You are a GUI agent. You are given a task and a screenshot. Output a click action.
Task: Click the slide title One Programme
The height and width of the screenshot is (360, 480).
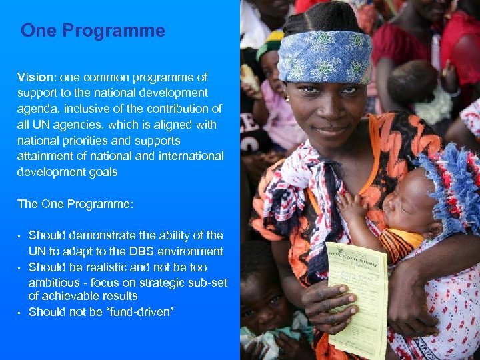tap(93, 31)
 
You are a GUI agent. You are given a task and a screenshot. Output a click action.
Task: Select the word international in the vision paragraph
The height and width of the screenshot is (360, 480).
tap(191, 156)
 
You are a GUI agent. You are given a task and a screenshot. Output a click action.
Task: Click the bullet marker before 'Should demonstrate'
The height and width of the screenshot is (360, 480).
tap(20, 236)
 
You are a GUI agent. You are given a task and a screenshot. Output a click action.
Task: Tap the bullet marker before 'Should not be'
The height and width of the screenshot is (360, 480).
tap(20, 313)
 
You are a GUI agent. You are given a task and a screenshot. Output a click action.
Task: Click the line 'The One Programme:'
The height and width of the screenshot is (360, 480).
tap(75, 204)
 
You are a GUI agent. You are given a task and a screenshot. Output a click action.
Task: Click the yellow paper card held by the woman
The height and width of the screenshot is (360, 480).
tap(356, 300)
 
